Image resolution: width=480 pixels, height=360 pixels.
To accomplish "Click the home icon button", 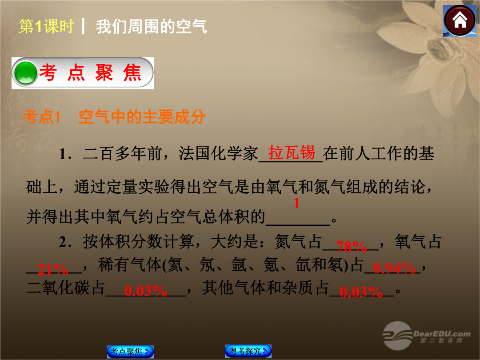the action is (460, 21).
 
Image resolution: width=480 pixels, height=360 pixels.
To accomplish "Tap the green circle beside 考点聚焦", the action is (25, 73).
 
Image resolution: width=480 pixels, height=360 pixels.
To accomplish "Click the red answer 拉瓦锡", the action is (291, 152).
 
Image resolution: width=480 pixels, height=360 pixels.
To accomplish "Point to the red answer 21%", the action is (52, 270).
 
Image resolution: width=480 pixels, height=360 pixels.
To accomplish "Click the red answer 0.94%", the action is (394, 268).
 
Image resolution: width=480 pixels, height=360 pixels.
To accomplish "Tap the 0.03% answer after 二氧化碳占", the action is (146, 291).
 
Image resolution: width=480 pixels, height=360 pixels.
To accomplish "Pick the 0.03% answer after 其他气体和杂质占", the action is (361, 292).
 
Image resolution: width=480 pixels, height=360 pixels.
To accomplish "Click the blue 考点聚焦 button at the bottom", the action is (130, 352).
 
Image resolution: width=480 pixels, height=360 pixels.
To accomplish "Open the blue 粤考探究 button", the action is (248, 351).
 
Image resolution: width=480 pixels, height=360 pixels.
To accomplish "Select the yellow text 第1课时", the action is (46, 26).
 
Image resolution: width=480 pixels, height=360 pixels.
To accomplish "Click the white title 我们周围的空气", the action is (152, 26).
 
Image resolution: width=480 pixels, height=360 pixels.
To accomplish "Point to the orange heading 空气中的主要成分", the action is (142, 116).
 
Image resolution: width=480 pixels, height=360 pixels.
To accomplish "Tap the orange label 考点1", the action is (41, 117).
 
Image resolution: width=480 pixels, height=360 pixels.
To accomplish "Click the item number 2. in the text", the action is (65, 242).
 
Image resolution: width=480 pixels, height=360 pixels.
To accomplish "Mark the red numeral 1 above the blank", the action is (296, 203).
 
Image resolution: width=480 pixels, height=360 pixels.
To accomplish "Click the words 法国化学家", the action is (218, 153).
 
